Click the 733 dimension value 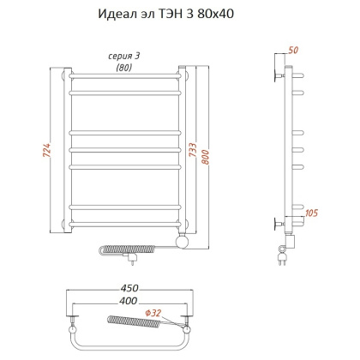pyautogui.click(x=195, y=151)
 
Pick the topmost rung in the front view pyautogui.click(x=123, y=76)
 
